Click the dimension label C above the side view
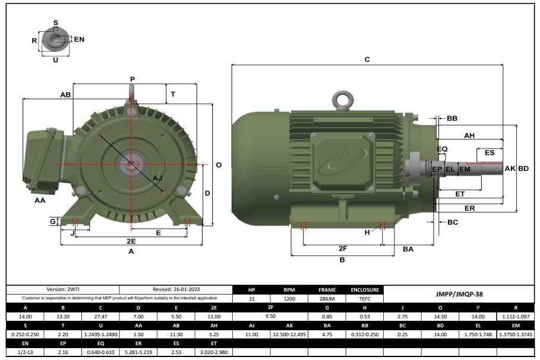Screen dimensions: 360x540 point(367,59)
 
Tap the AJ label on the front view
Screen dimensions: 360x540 point(157,178)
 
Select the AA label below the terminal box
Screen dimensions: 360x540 point(40,201)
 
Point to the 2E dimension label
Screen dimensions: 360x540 point(131,241)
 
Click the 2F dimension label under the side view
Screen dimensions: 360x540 point(343,248)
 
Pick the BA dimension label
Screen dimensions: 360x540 point(408,249)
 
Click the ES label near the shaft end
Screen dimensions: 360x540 point(490,153)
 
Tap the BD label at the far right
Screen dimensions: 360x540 point(523,169)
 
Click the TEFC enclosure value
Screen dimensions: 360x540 point(365,299)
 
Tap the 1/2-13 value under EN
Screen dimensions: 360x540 point(24,352)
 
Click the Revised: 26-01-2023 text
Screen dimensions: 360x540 point(175,290)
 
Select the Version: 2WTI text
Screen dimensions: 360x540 point(62,290)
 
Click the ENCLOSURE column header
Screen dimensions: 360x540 point(365,290)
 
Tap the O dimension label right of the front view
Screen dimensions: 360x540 point(219,165)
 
